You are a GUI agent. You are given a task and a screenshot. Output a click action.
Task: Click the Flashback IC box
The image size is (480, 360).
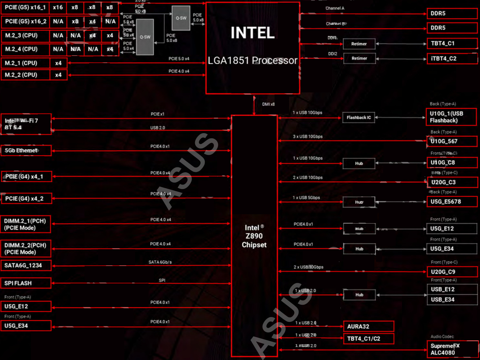[x=359, y=118]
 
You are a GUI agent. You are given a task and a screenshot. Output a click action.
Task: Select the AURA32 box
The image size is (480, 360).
[x=369, y=326]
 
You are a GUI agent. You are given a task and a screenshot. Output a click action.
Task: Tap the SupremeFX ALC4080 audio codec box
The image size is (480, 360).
[x=452, y=349]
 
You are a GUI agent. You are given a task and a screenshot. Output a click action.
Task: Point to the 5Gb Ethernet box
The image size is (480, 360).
[x=26, y=151]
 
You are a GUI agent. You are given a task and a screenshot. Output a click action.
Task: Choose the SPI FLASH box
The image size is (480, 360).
[x=26, y=283]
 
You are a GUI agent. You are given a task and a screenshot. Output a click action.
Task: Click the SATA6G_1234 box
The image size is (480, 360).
[x=26, y=265]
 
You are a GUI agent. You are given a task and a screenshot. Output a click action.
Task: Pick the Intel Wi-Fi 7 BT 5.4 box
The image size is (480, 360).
[x=26, y=124]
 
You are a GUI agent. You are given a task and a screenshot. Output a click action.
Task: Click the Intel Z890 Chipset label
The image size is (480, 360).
[x=254, y=236]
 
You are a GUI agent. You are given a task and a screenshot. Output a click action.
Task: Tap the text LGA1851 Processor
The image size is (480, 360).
[x=252, y=60]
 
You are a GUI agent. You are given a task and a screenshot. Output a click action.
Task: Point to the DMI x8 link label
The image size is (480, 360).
[x=268, y=104]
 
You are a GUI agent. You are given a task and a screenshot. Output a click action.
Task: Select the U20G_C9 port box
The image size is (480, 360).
[x=452, y=272]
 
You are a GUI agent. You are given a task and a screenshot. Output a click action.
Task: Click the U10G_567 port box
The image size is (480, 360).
[x=452, y=141]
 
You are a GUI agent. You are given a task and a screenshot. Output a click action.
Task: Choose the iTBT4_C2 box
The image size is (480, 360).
[x=452, y=58]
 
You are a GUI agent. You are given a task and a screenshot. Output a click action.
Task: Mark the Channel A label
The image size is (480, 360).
[x=335, y=8]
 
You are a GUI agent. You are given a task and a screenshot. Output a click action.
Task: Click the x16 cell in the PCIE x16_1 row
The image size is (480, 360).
[x=58, y=7]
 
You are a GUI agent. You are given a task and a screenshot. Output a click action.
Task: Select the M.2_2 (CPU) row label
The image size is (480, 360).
[x=26, y=75]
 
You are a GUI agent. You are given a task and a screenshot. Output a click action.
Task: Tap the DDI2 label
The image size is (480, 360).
[x=332, y=54]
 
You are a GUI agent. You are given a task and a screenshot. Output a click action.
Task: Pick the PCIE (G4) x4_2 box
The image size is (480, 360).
[x=26, y=198]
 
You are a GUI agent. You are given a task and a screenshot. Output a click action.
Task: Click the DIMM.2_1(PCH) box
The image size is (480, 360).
[x=26, y=224]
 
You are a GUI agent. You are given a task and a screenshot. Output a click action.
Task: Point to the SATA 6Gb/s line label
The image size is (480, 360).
[x=160, y=262]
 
